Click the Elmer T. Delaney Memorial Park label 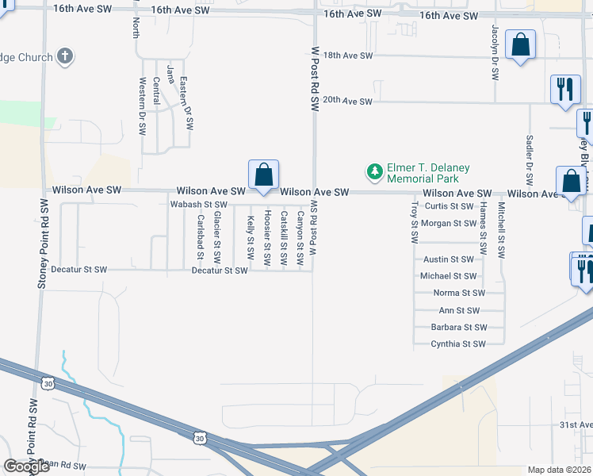pyautogui.click(x=428, y=173)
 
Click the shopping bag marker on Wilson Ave pyautogui.click(x=263, y=175)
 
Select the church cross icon pyautogui.click(x=65, y=57)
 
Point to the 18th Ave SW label pyautogui.click(x=348, y=56)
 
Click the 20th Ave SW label pyautogui.click(x=348, y=102)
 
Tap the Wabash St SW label pyautogui.click(x=199, y=205)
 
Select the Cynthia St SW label pyautogui.click(x=457, y=344)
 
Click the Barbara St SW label pyautogui.click(x=457, y=327)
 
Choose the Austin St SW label pyautogui.click(x=449, y=259)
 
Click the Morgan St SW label pyautogui.click(x=449, y=224)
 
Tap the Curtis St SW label pyautogui.click(x=449, y=206)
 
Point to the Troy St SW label pyautogui.click(x=414, y=222)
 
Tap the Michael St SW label pyautogui.click(x=449, y=276)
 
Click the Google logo pyautogui.click(x=27, y=467)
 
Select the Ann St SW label pyautogui.click(x=459, y=310)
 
